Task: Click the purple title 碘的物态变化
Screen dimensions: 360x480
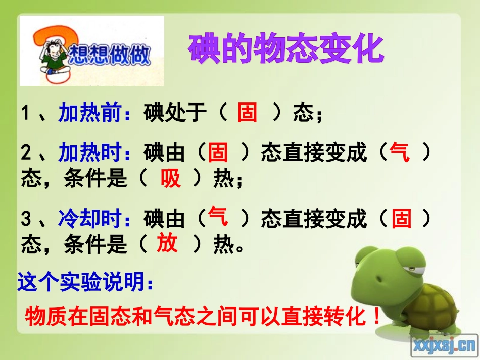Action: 286,49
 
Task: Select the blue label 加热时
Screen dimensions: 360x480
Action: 90,152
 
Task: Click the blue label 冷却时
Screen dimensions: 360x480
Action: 90,219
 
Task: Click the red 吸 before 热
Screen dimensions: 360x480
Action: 171,178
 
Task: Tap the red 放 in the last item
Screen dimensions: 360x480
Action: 167,244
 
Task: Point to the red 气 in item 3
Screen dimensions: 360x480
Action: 218,217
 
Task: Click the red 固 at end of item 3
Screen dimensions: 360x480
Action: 402,219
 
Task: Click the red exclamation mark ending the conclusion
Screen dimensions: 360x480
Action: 375,318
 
